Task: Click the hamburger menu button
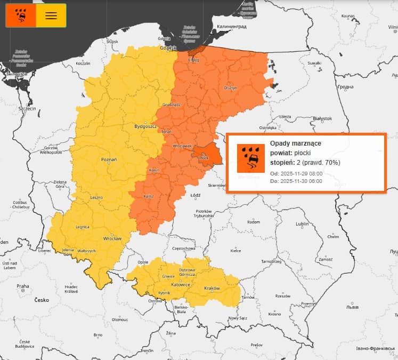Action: (51, 15)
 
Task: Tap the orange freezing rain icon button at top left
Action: (21, 15)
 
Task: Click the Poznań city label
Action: (109, 159)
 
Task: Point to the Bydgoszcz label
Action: (145, 127)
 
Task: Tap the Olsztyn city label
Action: (230, 88)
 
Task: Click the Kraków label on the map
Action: (212, 289)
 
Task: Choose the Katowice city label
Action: (181, 285)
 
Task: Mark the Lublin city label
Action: (303, 223)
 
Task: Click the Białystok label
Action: (322, 118)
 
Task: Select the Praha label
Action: (22, 286)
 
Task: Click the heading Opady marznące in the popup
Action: (296, 143)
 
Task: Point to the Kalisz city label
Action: (149, 196)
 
